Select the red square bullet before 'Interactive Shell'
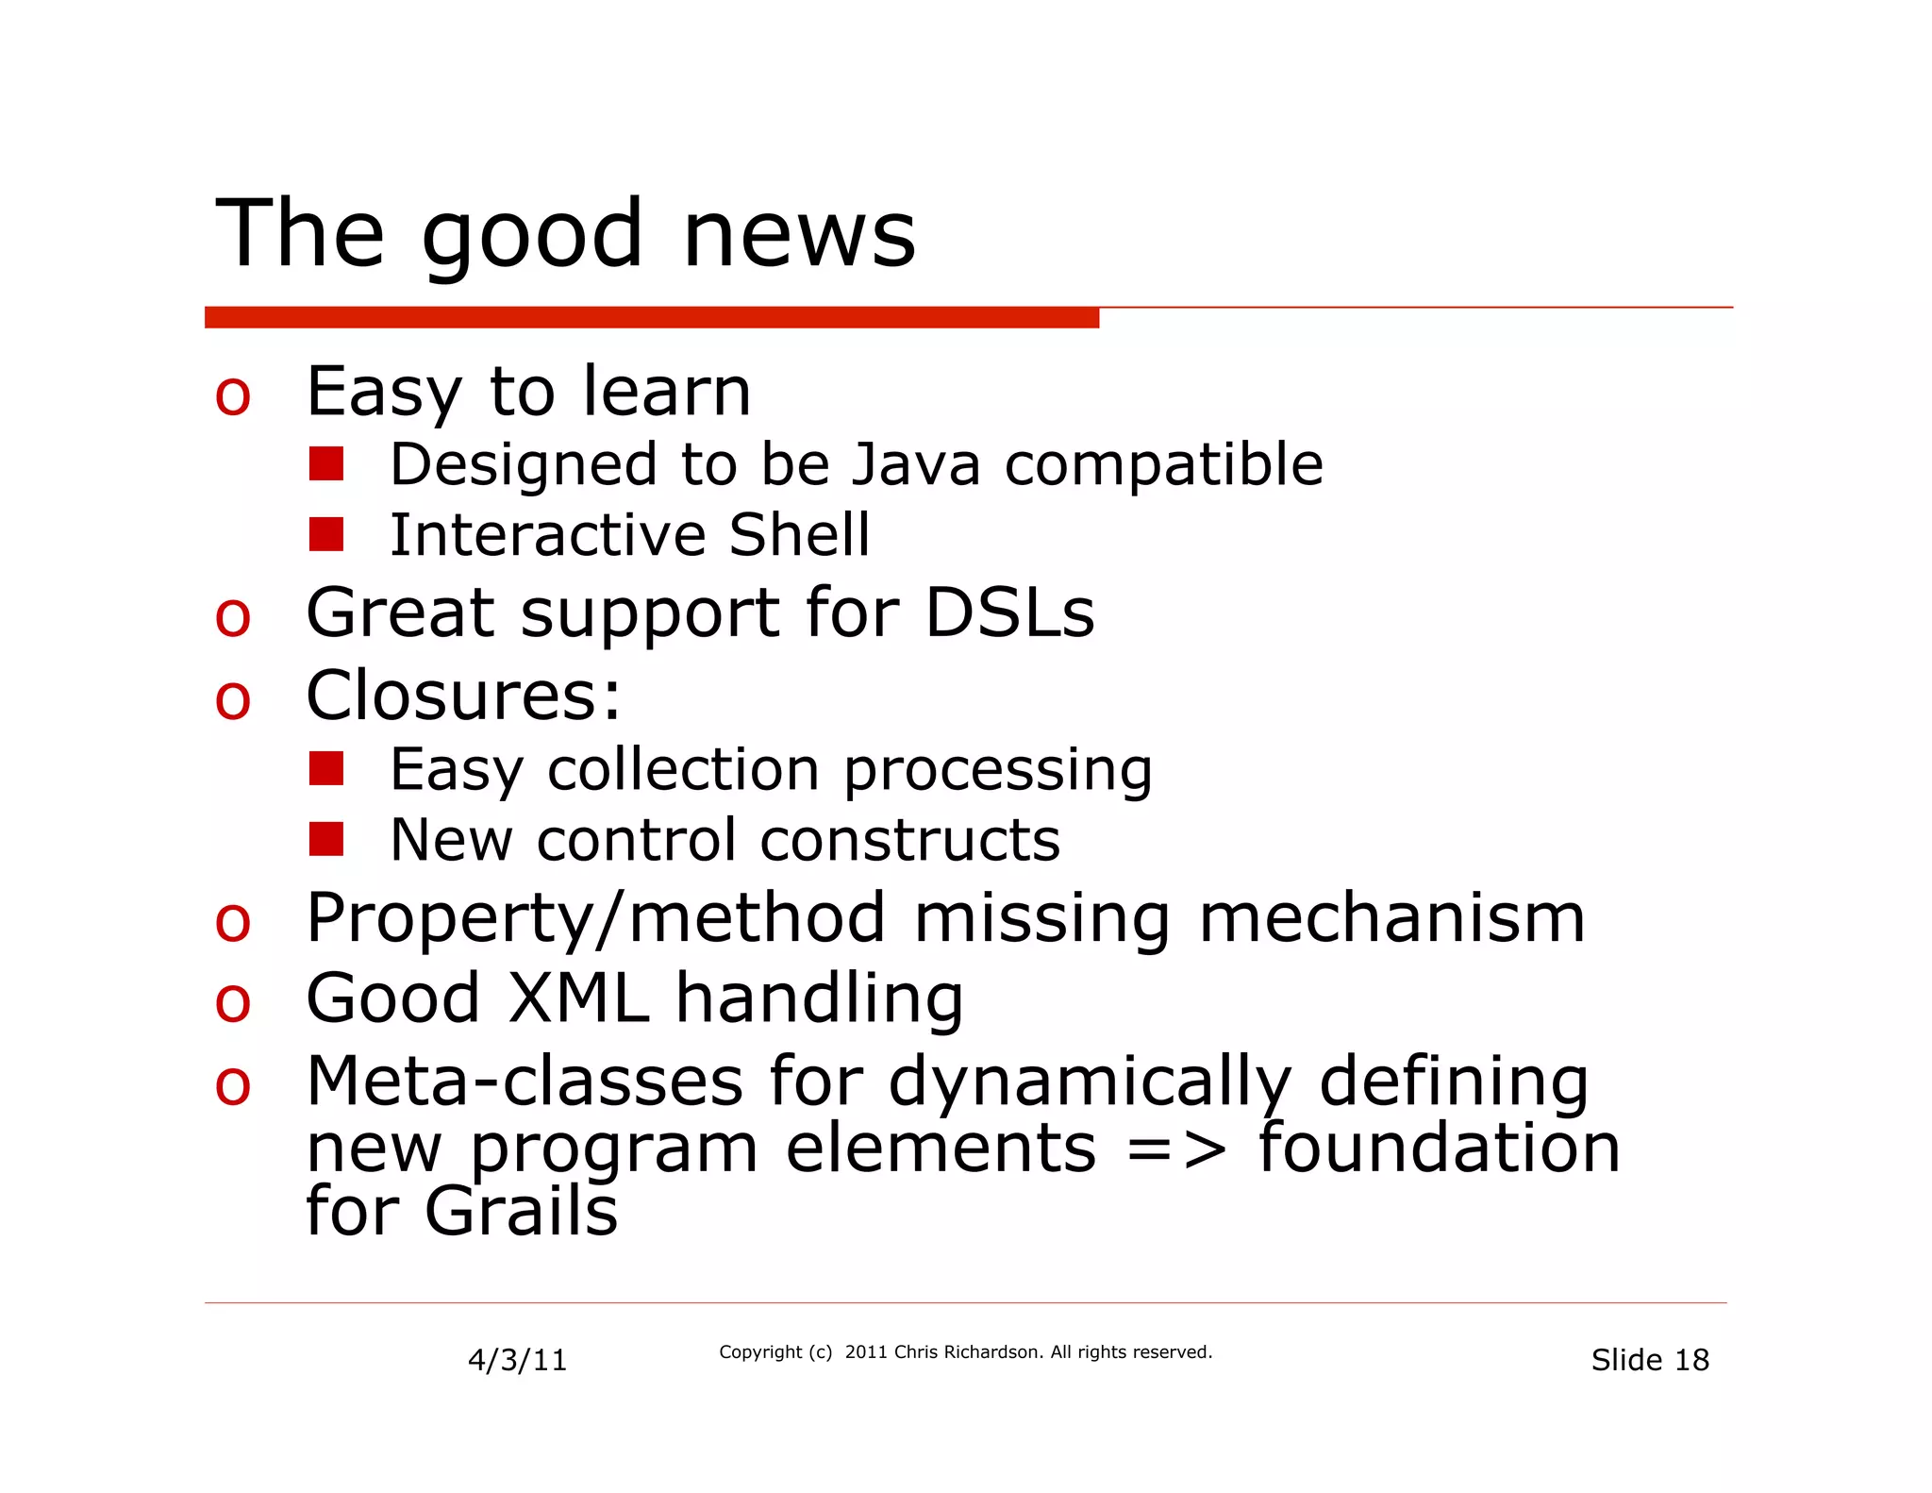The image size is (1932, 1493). coord(326,534)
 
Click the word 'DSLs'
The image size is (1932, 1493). coord(1008,613)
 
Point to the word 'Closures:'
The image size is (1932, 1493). coord(463,696)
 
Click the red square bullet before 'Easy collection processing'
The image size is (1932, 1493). coord(326,768)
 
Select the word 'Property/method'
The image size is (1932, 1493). coord(596,918)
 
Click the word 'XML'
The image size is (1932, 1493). coord(578,998)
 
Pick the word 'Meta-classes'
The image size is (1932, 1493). coord(525,1082)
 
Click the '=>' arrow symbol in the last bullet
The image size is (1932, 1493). coord(1176,1149)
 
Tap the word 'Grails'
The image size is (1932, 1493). coord(521,1212)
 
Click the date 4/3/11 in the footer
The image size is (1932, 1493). coord(517,1360)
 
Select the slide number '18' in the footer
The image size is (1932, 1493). coord(1691,1360)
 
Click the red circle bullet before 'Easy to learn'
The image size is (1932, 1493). coord(233,395)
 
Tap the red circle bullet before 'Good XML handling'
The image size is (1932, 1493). coord(233,1003)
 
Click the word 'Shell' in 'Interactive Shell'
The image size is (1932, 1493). coord(798,535)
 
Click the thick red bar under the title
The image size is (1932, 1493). coord(651,318)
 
